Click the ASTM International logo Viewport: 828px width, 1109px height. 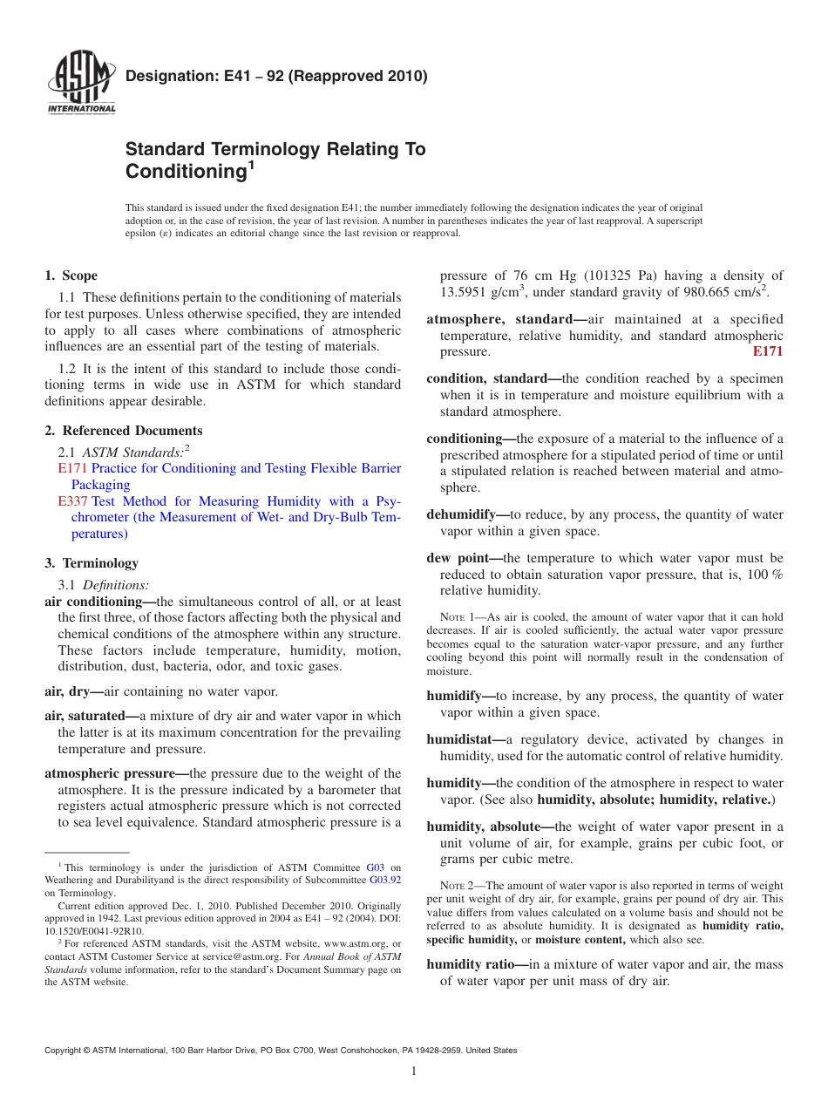(81, 85)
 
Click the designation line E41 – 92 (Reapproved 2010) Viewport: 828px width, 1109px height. (276, 76)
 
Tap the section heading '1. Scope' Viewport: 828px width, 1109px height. (71, 276)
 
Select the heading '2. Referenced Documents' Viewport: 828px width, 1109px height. (123, 431)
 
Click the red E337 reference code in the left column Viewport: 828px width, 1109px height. (72, 501)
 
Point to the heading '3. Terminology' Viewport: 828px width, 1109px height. (91, 563)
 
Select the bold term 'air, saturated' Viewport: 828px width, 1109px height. (91, 717)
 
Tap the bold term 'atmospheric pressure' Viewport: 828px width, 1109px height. (115, 773)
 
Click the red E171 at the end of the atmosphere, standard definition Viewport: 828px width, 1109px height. (767, 351)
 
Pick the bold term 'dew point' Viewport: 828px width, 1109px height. (463, 558)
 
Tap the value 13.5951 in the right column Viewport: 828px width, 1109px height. (466, 292)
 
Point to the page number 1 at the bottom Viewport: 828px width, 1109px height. (414, 1072)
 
